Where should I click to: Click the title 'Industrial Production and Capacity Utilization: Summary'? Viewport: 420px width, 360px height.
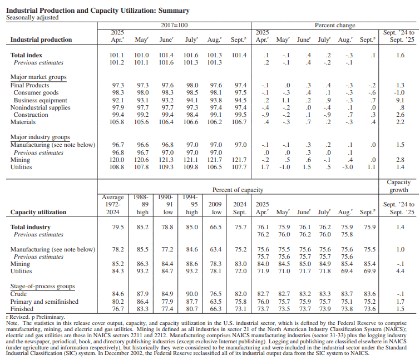pyautogui.click(x=97, y=11)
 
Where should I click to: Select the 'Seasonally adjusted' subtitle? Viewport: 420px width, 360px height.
pyautogui.click(x=32, y=18)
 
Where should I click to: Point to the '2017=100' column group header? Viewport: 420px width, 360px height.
pyautogui.click(x=175, y=26)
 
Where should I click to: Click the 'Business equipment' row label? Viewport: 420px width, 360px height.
pyautogui.click(x=41, y=100)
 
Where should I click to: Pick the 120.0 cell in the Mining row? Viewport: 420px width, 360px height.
pyautogui.click(x=118, y=160)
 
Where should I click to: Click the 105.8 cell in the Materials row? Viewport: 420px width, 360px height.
pyautogui.click(x=118, y=122)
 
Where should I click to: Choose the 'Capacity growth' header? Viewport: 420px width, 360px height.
pyautogui.click(x=398, y=186)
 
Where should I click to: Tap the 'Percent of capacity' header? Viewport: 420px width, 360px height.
pyautogui.click(x=237, y=190)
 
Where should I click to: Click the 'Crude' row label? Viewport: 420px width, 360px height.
pyautogui.click(x=19, y=294)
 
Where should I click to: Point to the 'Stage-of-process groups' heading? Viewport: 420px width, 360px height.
pyautogui.click(x=42, y=287)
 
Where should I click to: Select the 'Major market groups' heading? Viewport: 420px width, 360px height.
pyautogui.click(x=38, y=77)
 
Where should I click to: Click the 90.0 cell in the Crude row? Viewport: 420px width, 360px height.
pyautogui.click(x=191, y=294)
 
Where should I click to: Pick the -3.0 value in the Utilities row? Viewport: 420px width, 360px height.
pyautogui.click(x=348, y=167)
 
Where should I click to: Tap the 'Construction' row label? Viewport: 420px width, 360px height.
pyautogui.click(x=31, y=115)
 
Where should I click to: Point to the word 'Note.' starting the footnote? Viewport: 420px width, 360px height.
pyautogui.click(x=12, y=323)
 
